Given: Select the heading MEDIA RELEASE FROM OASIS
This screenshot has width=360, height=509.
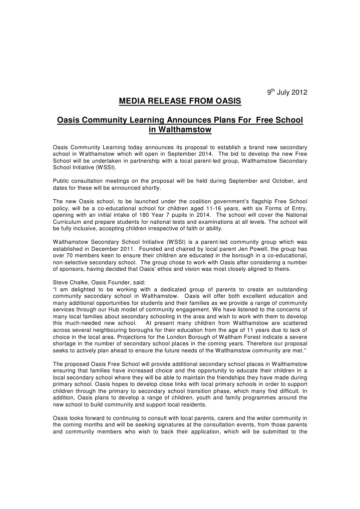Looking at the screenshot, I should coord(180,102).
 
